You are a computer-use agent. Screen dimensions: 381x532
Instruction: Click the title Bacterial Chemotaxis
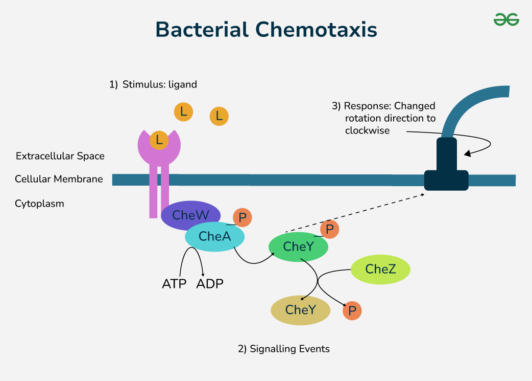tap(266, 30)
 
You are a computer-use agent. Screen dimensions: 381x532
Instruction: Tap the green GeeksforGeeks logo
tap(506, 19)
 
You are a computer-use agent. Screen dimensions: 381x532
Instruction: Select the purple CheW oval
tap(190, 215)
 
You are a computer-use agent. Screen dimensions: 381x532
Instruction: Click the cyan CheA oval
tap(214, 236)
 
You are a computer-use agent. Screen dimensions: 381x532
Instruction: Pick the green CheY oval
tap(298, 246)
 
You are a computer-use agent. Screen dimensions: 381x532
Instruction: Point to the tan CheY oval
tap(300, 310)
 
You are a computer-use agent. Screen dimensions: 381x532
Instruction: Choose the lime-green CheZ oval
tap(380, 269)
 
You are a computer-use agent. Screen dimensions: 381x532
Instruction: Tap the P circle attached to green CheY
tap(329, 229)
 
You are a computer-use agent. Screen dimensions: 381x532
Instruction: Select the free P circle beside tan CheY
tap(352, 310)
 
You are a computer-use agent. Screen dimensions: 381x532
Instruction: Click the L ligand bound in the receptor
tap(159, 139)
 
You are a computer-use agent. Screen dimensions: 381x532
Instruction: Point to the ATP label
tap(174, 283)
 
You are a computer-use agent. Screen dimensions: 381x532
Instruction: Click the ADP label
tap(210, 283)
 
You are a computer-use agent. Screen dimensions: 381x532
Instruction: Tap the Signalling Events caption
tap(284, 349)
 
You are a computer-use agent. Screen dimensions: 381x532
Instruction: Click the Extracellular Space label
tap(60, 156)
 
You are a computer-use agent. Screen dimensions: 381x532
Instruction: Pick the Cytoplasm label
tap(39, 204)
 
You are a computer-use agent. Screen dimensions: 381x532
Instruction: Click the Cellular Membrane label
tap(59, 180)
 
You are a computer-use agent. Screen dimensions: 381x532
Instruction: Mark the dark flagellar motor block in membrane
tap(446, 174)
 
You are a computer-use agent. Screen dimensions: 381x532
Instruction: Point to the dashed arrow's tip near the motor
tap(425, 194)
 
